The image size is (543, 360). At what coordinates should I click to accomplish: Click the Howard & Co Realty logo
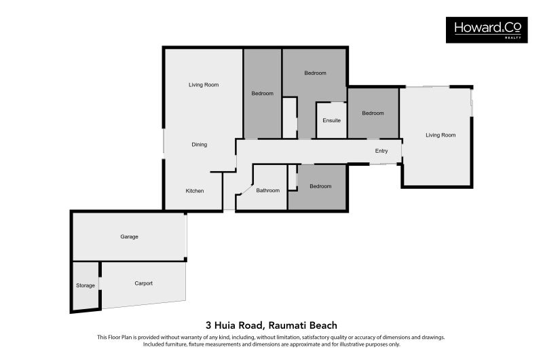(486, 30)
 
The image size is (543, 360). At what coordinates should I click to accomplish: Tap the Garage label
(129, 237)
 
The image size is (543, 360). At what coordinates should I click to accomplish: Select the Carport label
(143, 283)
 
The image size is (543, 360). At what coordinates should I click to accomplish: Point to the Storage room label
(86, 286)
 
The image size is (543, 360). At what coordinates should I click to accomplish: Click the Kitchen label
(195, 191)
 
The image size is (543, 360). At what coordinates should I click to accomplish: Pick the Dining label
(199, 145)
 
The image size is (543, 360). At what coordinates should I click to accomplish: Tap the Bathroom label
(267, 190)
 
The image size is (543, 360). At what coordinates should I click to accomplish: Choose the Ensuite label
(331, 121)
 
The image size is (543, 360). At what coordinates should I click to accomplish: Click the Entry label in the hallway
(381, 151)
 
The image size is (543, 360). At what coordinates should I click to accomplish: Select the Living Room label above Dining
(204, 85)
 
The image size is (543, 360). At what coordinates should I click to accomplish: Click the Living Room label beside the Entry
(441, 135)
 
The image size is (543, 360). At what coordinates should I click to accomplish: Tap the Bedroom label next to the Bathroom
(320, 186)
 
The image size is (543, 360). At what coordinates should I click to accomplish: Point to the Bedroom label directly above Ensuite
(315, 73)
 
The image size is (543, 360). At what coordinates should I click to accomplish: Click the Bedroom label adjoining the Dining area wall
(262, 94)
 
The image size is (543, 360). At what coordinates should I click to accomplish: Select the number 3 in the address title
(208, 325)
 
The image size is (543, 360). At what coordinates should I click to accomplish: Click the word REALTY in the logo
(513, 38)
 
